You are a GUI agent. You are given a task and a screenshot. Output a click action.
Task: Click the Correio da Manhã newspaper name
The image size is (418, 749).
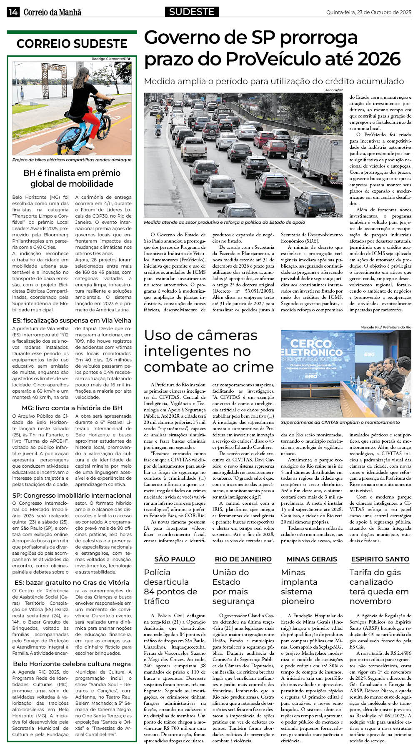pos(52,13)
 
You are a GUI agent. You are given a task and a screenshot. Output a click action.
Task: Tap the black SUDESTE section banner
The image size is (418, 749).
pos(192,12)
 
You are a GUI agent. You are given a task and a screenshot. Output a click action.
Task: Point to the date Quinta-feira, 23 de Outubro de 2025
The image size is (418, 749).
pos(368,13)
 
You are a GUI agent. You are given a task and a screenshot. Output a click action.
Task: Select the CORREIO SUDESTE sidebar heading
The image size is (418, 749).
pos(72,44)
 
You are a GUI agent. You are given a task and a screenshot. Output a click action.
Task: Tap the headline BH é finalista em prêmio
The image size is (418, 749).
pos(72,173)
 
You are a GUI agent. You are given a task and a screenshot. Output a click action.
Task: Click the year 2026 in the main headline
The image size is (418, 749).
pos(379,59)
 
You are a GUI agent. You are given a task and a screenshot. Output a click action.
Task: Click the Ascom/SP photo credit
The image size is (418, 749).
pos(333,90)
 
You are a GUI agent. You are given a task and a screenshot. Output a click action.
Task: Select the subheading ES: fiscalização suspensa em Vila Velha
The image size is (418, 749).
pos(72,321)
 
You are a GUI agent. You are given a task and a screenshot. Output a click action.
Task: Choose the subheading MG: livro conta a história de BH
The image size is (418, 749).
pos(72,408)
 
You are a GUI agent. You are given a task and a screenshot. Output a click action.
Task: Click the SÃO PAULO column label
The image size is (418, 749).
pos(175,559)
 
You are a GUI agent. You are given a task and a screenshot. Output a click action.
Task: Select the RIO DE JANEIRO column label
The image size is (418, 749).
pos(243,559)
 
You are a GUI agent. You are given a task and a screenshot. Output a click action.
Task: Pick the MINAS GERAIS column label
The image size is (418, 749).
pos(312,559)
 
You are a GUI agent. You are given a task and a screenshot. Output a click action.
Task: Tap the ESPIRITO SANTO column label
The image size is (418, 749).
pos(380,559)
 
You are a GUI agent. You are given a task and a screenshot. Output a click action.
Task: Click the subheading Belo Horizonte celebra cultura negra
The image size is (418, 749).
pos(72,664)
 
